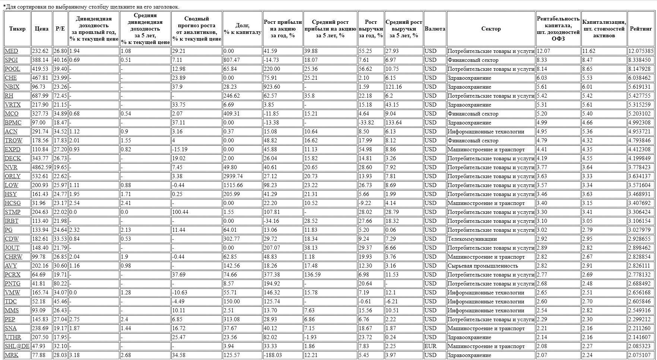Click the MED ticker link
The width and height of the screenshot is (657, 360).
(11, 51)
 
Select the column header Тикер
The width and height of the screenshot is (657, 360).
(17, 29)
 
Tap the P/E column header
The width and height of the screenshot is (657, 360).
(60, 29)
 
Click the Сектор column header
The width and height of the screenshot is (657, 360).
(491, 29)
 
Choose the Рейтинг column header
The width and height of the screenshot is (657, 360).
(641, 29)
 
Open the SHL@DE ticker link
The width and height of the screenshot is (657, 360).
(17, 346)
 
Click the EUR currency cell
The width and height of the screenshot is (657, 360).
(430, 346)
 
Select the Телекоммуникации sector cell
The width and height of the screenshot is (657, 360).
(472, 239)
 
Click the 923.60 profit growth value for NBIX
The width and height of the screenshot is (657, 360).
(272, 87)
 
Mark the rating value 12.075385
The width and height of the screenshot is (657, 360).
(641, 51)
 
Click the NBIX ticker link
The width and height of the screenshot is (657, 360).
(12, 87)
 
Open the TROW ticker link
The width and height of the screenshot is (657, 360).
(13, 140)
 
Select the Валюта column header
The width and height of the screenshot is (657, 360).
(435, 29)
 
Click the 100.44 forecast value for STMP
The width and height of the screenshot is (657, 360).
(180, 212)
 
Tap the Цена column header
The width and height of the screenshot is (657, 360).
(41, 29)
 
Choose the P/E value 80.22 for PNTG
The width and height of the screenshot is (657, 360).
(60, 284)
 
